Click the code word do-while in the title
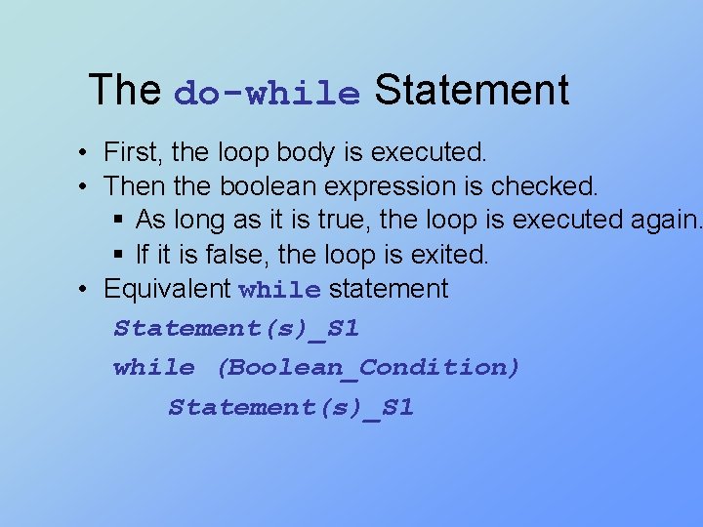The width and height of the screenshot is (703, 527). tap(267, 93)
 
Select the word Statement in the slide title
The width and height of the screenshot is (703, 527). tap(471, 90)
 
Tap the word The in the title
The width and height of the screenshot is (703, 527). tap(124, 90)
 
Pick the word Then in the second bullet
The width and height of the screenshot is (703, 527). tap(128, 185)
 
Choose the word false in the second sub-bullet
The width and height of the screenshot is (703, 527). tap(231, 255)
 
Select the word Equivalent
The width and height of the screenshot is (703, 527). tap(166, 289)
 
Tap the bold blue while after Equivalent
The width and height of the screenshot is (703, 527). tap(279, 290)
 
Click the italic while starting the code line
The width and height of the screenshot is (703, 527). tap(153, 367)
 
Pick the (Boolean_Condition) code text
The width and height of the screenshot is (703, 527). tap(368, 367)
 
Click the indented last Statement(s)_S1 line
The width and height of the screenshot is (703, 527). tap(291, 407)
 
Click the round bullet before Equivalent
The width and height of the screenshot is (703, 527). tap(86, 289)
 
